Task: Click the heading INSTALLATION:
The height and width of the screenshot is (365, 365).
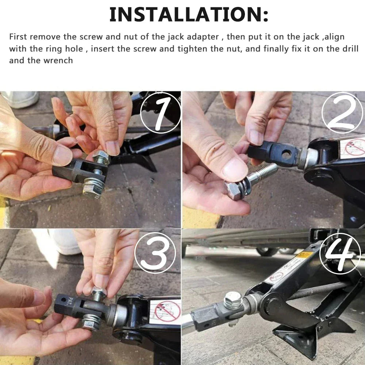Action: click(x=189, y=15)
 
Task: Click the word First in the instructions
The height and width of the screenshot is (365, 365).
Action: click(x=19, y=37)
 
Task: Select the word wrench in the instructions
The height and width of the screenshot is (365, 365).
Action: click(x=59, y=60)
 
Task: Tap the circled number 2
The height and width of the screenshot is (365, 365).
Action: click(x=342, y=112)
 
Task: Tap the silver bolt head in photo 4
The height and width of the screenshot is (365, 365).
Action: click(x=233, y=300)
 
